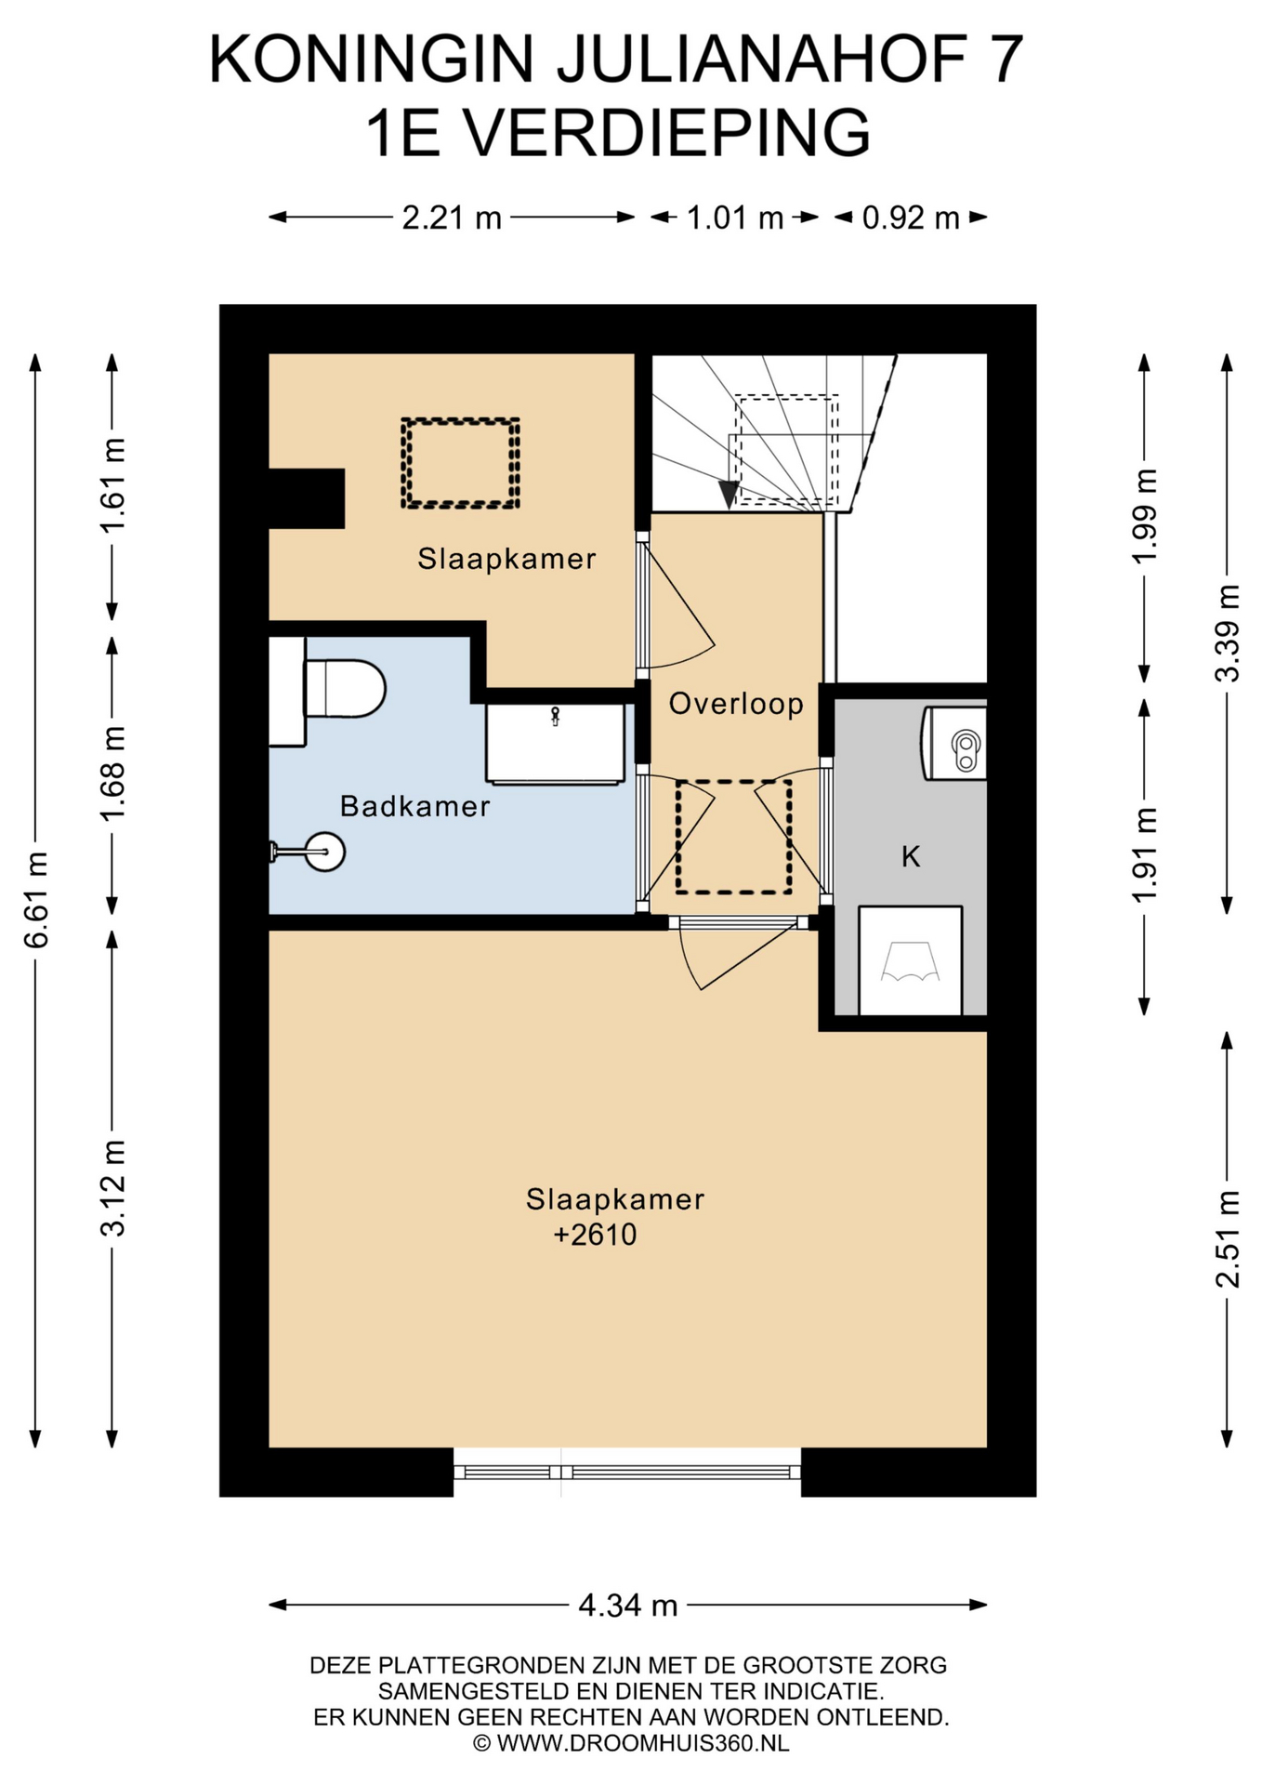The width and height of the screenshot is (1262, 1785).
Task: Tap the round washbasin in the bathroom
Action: pyautogui.click(x=324, y=852)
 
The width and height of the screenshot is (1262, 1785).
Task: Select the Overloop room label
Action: pyautogui.click(x=736, y=704)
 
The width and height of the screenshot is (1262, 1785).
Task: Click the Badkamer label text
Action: pyautogui.click(x=414, y=806)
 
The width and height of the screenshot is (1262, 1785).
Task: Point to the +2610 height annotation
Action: pyautogui.click(x=595, y=1235)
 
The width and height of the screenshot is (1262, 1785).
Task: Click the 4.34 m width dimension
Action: pyautogui.click(x=627, y=1605)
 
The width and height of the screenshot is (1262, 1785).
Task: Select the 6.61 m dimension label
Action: pyautogui.click(x=36, y=899)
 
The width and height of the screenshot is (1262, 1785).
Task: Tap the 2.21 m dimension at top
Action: pyautogui.click(x=452, y=218)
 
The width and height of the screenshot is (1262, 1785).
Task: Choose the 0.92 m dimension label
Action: pyautogui.click(x=911, y=218)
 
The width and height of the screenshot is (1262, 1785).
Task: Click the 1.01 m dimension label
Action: pyautogui.click(x=735, y=218)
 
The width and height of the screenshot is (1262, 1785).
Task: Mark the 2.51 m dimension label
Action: pyautogui.click(x=1228, y=1239)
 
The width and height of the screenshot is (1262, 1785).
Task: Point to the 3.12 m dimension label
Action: pyautogui.click(x=112, y=1187)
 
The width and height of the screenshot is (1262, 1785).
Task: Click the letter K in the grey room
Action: pyautogui.click(x=911, y=856)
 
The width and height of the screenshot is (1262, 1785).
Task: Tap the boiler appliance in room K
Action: pyautogui.click(x=953, y=744)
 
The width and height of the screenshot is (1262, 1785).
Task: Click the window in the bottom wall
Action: pyautogui.click(x=627, y=1472)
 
